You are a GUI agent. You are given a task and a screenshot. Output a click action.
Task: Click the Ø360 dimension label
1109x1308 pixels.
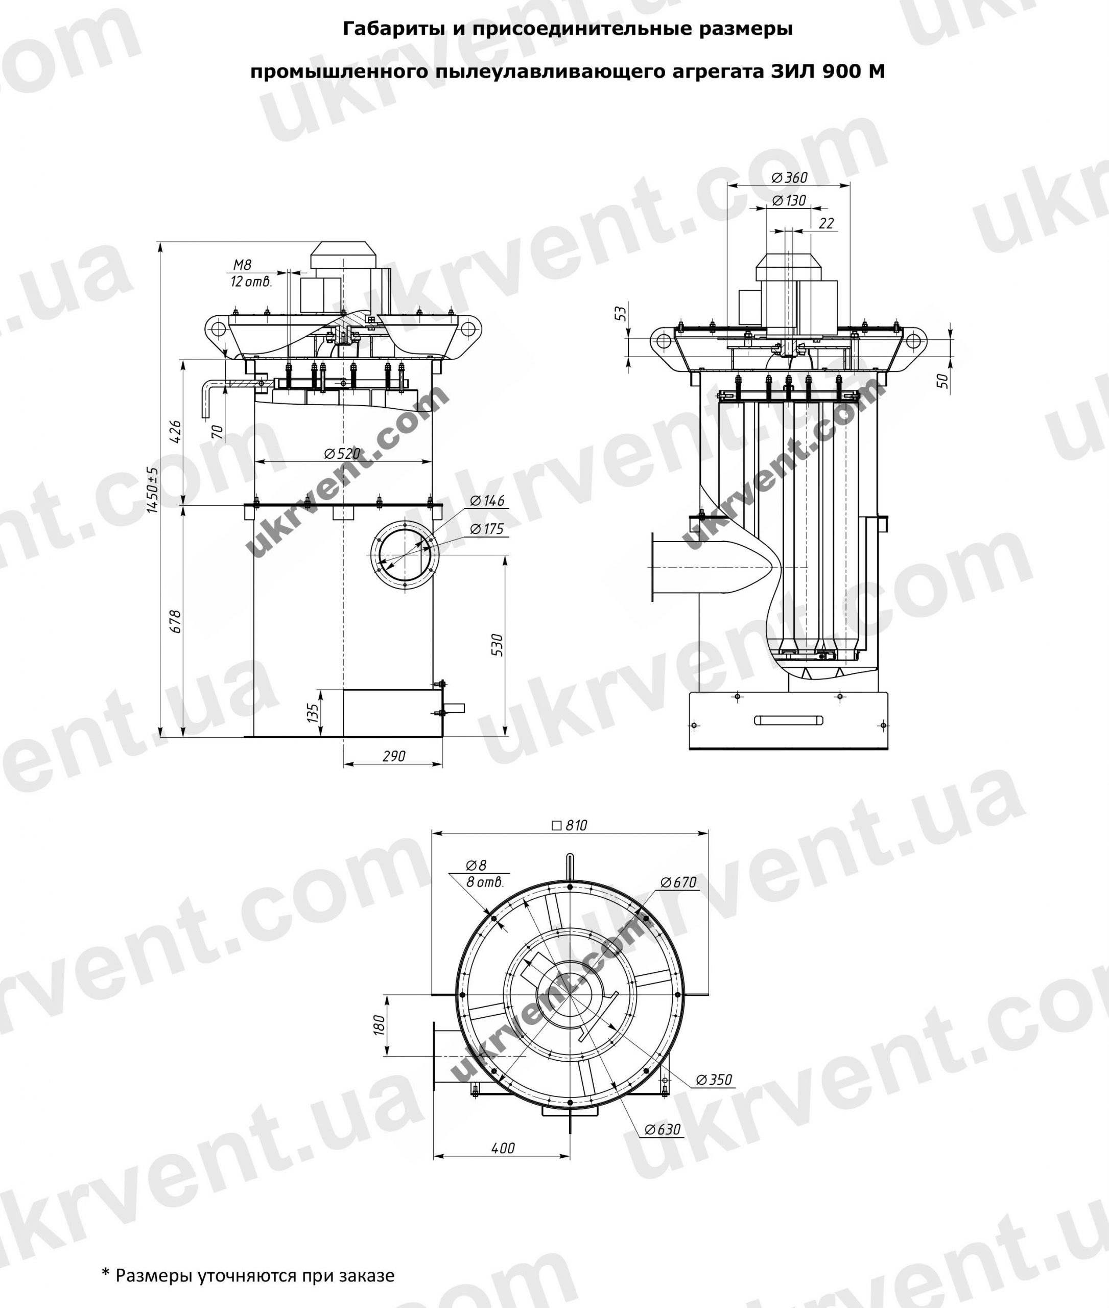789,177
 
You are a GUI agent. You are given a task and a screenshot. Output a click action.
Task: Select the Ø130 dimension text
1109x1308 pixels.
788,201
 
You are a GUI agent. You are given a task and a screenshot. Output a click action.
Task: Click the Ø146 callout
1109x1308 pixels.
487,501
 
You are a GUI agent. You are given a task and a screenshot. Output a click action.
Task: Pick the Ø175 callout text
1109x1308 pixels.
487,529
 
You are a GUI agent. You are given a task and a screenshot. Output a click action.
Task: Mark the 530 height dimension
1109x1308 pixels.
496,645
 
